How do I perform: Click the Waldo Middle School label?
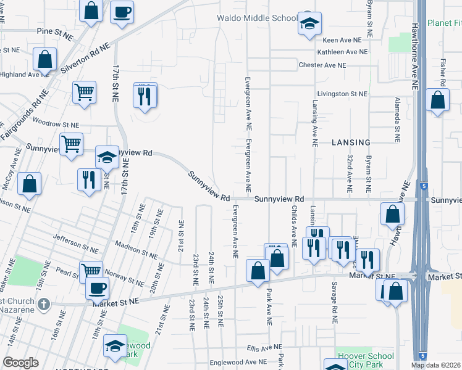tap(257, 18)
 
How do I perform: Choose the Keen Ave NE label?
tap(334, 39)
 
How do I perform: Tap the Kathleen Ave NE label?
tap(341, 52)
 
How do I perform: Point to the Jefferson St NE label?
tap(75, 244)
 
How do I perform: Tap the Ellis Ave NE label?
tap(263, 348)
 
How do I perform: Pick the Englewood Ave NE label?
tap(238, 362)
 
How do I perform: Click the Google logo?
tap(20, 363)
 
